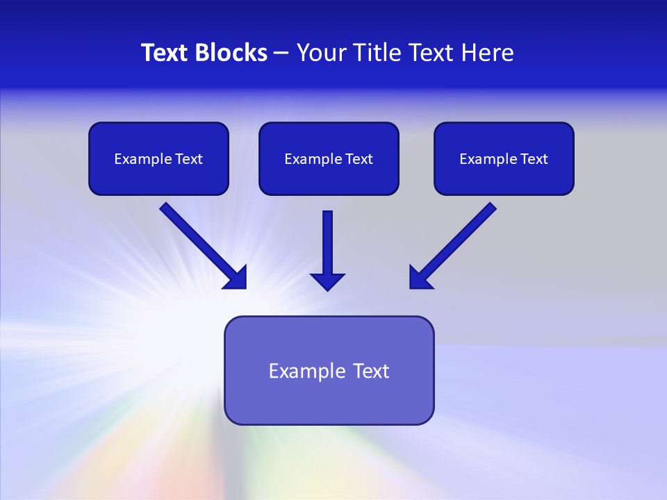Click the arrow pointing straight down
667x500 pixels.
tap(327, 247)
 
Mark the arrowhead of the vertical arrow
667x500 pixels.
tap(327, 281)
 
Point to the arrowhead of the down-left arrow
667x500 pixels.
tap(420, 278)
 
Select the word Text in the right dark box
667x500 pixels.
tap(534, 159)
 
